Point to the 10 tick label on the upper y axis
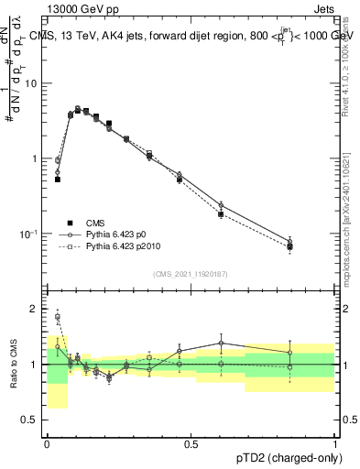[34, 83]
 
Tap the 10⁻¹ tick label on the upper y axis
[31, 234]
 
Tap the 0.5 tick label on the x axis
[191, 444]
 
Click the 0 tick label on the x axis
[47, 444]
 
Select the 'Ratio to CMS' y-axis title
[11, 365]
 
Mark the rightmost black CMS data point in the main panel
[289, 247]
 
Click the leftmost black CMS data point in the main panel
[58, 180]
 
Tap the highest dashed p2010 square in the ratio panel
[58, 317]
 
